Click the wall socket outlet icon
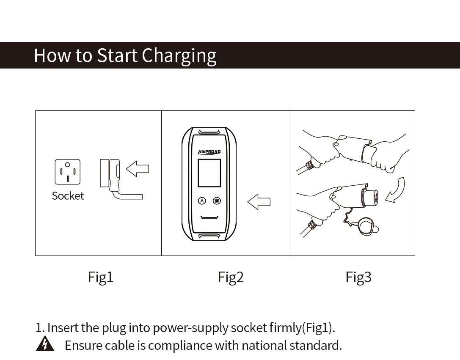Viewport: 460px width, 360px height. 67,172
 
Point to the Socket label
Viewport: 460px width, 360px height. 68,196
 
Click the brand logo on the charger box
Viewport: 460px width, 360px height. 209,152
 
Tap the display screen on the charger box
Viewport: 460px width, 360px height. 209,173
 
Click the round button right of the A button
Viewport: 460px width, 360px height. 217,201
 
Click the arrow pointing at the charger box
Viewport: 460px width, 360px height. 259,201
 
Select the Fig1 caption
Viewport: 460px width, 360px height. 101,277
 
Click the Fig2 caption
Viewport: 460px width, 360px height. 231,277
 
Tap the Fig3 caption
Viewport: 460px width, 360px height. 358,277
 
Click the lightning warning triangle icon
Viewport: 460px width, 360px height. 44,345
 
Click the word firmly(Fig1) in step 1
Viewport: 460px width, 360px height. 302,327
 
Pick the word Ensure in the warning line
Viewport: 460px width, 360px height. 83,345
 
